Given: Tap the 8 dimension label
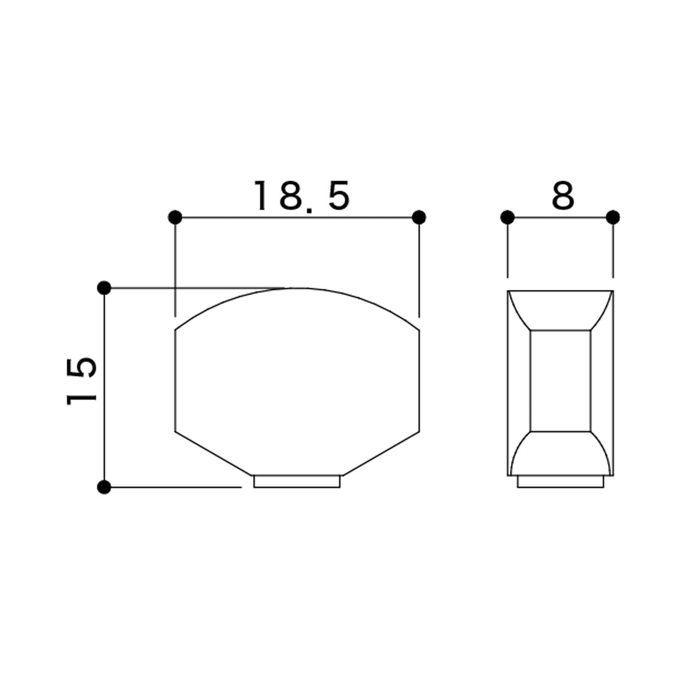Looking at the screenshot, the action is click(x=563, y=195).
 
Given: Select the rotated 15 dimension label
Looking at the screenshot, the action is click(x=81, y=381).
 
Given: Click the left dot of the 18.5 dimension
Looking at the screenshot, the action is click(x=175, y=217).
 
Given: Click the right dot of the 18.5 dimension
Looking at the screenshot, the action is click(x=419, y=217).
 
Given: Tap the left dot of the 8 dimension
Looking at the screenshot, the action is click(x=507, y=217).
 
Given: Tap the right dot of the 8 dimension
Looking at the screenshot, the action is click(x=613, y=217).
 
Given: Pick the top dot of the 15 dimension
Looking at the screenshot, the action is click(x=104, y=288).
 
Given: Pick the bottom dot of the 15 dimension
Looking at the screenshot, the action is click(x=104, y=487).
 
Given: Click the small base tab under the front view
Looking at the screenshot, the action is click(x=297, y=482).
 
